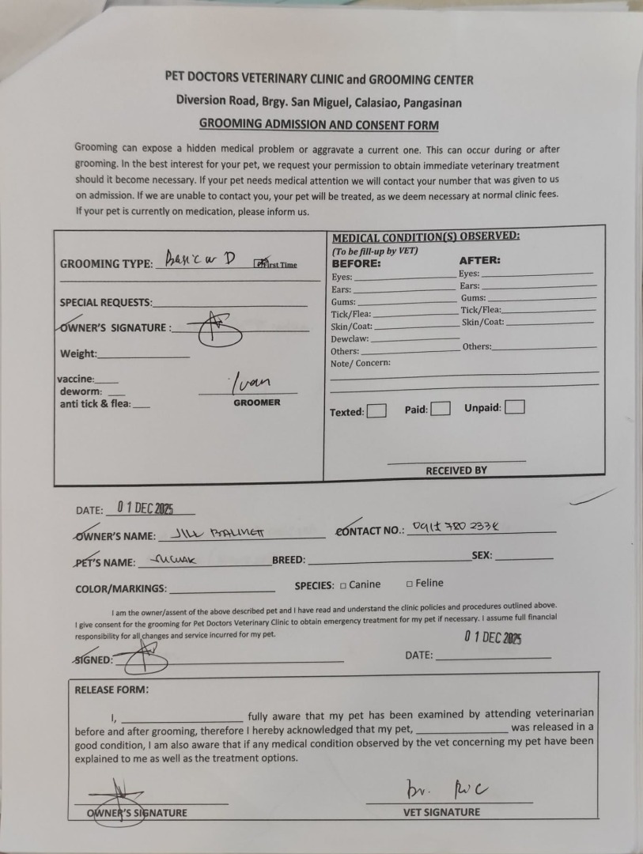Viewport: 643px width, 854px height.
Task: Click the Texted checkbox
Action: [377, 411]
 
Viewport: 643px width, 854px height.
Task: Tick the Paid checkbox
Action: [441, 409]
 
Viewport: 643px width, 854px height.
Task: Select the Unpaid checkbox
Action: [514, 408]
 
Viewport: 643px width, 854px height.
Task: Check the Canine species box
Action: [343, 585]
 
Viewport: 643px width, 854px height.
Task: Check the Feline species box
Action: [410, 584]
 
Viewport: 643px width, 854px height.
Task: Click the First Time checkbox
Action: [259, 264]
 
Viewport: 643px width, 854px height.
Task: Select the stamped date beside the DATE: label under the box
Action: [150, 508]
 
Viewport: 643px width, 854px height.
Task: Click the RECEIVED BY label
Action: [456, 470]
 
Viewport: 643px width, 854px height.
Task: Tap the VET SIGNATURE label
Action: [441, 812]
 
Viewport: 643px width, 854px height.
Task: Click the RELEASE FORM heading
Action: [111, 690]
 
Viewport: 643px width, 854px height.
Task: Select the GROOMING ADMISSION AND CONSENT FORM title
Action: [319, 125]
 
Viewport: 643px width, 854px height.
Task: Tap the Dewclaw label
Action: [344, 338]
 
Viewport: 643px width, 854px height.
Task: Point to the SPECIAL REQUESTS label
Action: [107, 303]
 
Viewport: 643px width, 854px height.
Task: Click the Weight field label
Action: [78, 353]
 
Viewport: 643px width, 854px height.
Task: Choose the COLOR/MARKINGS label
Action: [121, 588]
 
